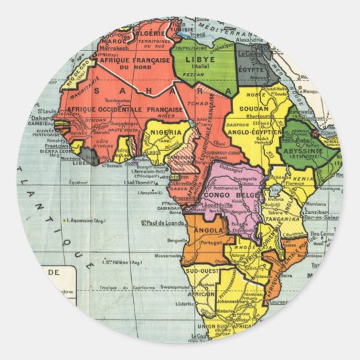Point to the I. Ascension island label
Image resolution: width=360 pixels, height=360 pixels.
[84, 221]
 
